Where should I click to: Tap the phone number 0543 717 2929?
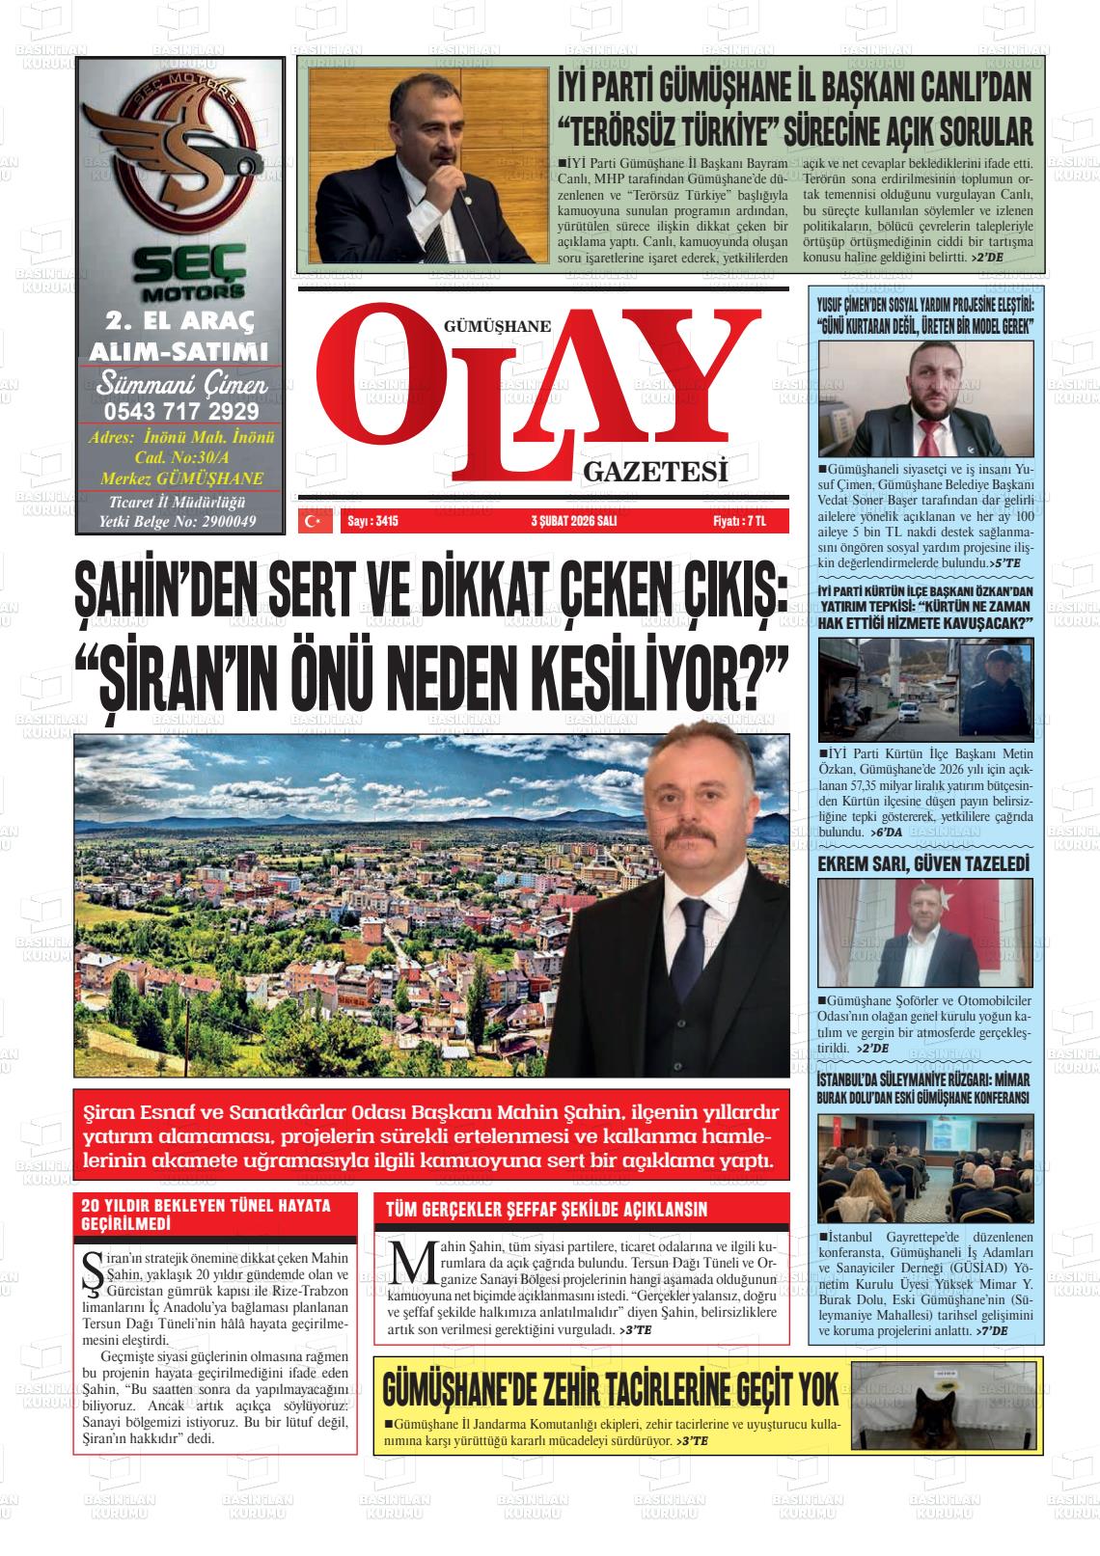coord(180,411)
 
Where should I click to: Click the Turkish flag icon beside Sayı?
coord(312,522)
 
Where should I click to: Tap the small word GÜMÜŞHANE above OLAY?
coord(496,326)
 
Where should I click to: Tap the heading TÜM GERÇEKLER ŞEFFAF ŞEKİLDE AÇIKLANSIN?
coord(546,1209)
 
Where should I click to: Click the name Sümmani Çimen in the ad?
coord(180,384)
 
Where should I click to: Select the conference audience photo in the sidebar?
coord(924,1169)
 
